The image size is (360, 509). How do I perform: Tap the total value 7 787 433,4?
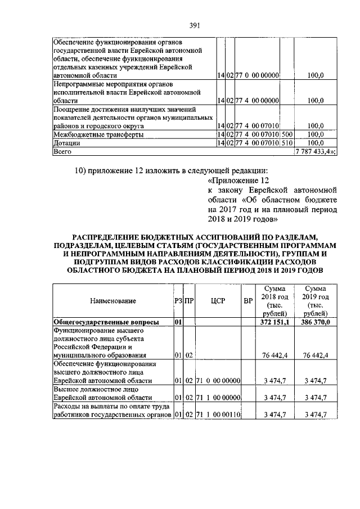click(x=314, y=151)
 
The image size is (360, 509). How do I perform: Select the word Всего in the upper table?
click(x=60, y=151)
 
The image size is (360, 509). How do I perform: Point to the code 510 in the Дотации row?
click(x=287, y=143)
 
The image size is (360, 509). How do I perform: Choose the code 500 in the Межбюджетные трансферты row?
click(x=287, y=135)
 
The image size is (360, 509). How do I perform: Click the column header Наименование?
click(x=113, y=301)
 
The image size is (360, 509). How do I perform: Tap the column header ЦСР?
click(x=218, y=301)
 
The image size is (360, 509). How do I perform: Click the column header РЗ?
click(x=178, y=301)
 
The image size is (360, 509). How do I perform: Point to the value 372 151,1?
click(x=274, y=322)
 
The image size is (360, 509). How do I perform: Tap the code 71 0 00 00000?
click(x=218, y=382)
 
